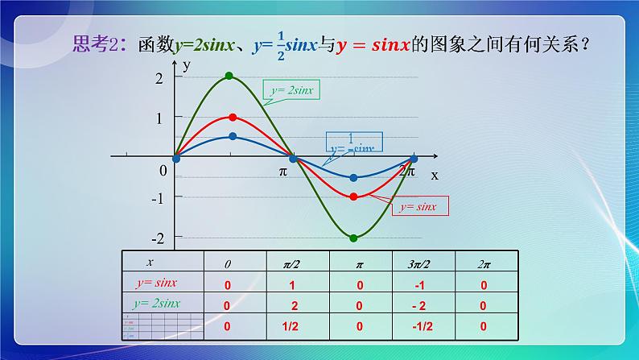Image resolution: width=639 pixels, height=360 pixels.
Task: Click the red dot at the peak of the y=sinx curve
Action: [x=233, y=118]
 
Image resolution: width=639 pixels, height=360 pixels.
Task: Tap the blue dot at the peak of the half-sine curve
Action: [x=233, y=137]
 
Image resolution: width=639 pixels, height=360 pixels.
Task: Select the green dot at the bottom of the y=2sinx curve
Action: [x=353, y=238]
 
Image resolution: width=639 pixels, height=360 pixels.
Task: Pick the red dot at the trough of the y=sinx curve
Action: [x=353, y=196]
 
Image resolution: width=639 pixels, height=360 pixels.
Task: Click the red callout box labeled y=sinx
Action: [x=419, y=207]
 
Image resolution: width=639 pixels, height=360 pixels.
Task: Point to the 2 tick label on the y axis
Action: [x=159, y=77]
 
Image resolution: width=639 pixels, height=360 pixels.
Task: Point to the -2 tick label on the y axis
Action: [x=158, y=238]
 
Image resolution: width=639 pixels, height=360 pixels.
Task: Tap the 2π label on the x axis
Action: [x=409, y=172]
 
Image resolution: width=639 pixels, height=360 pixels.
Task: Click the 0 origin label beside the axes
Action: [x=163, y=171]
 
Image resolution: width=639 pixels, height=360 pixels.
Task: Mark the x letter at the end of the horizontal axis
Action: [x=434, y=174]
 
